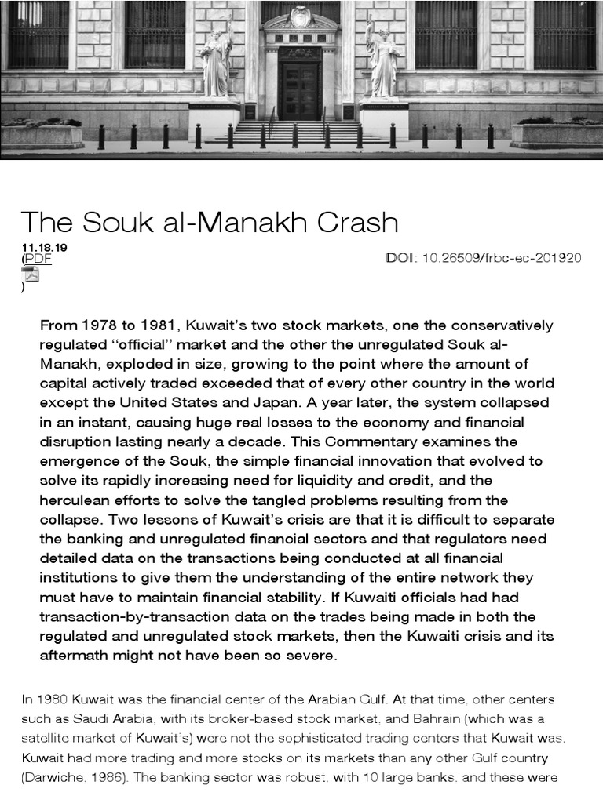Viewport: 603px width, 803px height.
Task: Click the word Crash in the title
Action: click(353, 223)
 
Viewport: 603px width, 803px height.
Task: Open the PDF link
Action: click(38, 259)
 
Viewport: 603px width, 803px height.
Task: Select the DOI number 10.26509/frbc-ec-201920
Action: click(502, 258)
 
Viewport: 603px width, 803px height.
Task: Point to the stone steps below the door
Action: click(300, 132)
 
